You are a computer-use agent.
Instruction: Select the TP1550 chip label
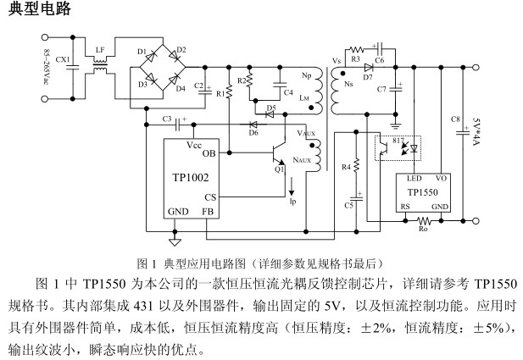click(422, 191)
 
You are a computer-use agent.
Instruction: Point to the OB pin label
click(209, 154)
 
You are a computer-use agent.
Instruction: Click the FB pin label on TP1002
click(208, 211)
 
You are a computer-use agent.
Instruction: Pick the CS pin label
click(209, 197)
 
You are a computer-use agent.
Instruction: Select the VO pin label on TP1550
click(441, 179)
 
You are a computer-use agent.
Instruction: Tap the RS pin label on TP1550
click(406, 206)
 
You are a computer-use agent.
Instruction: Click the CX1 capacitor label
click(62, 61)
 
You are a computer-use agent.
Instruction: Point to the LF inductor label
click(100, 50)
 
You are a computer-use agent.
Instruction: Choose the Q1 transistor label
click(279, 169)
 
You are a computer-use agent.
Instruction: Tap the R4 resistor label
click(345, 169)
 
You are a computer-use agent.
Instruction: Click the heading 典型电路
click(38, 10)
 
